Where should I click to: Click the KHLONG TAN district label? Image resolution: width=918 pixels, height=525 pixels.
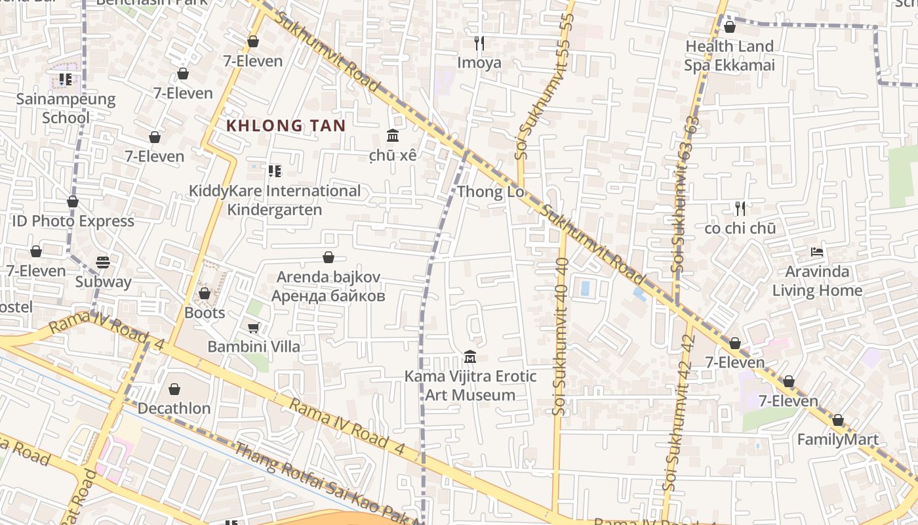286,125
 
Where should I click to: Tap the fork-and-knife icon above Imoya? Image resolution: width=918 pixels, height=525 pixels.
479,43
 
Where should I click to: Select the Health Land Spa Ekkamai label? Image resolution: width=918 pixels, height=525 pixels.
729,55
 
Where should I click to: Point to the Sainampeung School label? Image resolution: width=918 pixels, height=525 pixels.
66,109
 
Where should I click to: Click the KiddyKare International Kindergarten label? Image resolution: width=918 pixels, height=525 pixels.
275,200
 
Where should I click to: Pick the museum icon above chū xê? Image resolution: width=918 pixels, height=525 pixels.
393,136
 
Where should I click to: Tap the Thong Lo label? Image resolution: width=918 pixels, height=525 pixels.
491,192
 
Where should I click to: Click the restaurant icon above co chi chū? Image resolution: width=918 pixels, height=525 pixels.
740,209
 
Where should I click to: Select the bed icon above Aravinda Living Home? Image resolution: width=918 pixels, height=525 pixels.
817,252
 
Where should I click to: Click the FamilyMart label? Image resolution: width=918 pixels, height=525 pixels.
837,440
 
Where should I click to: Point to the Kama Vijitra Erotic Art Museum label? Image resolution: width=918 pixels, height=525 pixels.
470,386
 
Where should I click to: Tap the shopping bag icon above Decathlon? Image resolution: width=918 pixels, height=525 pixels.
174,390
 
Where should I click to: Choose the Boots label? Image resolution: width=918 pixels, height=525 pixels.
205,312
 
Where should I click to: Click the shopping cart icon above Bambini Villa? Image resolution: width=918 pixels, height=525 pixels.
254,327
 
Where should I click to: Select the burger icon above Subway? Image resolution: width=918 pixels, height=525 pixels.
103,262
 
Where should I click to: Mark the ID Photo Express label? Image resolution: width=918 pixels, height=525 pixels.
73,221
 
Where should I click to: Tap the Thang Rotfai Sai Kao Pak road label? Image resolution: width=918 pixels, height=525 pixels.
328,482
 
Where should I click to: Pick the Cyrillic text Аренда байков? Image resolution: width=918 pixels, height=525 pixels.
328,296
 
